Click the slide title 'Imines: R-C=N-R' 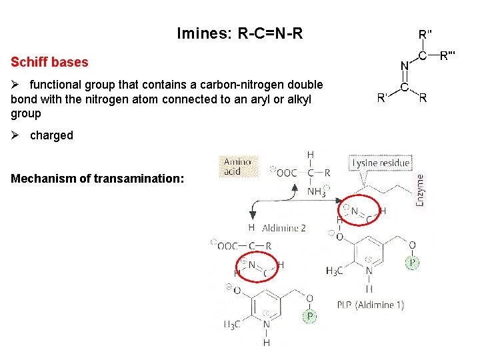240,33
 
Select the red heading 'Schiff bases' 49,62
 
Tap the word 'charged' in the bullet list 51,135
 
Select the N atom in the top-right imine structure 404,66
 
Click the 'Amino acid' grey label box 237,166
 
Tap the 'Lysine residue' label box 381,163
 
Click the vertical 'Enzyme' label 419,189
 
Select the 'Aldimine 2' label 283,228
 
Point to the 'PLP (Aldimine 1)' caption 370,305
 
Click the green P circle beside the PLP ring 413,263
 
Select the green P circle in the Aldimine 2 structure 309,316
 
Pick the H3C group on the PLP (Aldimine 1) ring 335,270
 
